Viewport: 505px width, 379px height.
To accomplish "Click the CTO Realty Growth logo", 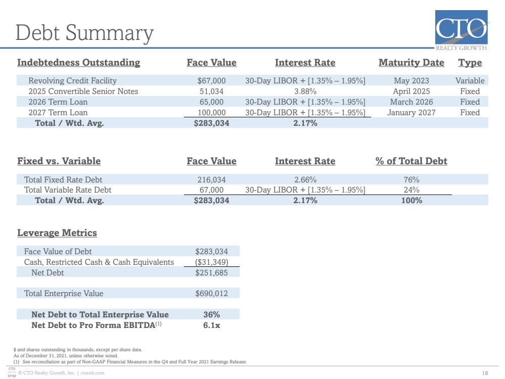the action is coord(461,31).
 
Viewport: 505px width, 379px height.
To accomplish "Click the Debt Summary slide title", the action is coord(84,33).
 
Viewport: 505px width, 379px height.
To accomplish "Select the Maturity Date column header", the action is coord(411,63).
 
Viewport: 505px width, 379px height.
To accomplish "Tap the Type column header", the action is coord(470,63).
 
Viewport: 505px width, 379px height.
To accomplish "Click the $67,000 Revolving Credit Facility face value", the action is coord(211,80).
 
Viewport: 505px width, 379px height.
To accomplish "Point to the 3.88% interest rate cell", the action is coord(305,91).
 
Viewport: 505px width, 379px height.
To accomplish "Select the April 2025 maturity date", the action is coord(411,91).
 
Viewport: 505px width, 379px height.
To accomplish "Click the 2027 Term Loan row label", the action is coord(58,112).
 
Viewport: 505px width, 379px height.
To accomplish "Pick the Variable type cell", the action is coord(470,80).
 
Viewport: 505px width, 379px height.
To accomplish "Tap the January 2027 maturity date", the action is coord(411,113).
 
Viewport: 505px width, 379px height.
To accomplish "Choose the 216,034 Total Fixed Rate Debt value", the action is coord(211,180).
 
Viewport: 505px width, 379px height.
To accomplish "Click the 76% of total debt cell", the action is coord(411,180).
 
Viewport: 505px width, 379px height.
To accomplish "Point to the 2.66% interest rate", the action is coord(305,180).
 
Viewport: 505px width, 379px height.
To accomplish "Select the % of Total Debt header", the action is coord(411,161).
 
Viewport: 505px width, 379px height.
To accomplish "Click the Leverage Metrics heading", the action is coord(57,233).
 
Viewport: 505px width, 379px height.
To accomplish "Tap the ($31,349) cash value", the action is coord(211,262).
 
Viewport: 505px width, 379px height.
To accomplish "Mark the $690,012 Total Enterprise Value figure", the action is coord(211,294).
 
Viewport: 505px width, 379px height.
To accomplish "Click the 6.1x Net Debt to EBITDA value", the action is coord(211,325).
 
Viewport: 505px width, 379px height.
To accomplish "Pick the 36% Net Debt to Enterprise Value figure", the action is coord(211,315).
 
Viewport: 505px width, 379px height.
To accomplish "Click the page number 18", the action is coord(485,373).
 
